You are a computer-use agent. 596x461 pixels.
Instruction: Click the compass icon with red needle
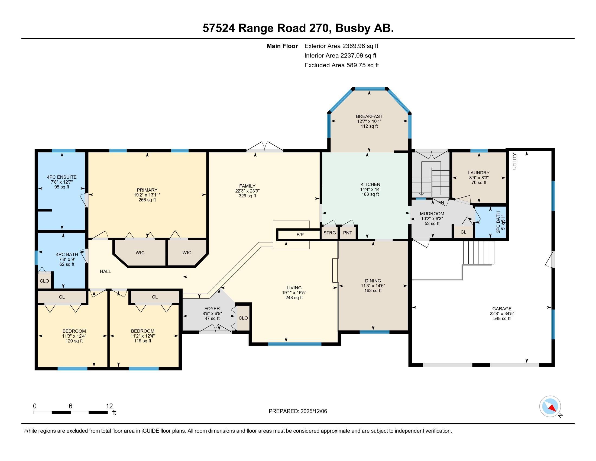550,406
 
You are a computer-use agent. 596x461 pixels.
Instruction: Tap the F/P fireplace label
300,234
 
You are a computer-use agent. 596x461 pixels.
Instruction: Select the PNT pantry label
347,233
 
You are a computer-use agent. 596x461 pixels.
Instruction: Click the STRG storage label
329,233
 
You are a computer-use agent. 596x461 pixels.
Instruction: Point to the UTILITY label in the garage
515,161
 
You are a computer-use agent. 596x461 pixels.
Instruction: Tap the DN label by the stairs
440,203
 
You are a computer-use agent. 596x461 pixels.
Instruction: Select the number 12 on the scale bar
109,406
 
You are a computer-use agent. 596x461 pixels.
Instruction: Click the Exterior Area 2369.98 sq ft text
341,46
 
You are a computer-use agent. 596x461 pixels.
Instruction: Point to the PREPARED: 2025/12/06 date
298,411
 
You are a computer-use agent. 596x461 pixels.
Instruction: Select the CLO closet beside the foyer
243,318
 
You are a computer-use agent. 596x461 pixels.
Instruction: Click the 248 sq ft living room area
294,297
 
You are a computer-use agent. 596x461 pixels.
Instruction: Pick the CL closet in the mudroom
463,232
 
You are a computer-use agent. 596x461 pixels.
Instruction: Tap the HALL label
105,271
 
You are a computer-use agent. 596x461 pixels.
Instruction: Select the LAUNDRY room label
478,172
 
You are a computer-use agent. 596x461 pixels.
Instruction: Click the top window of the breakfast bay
370,88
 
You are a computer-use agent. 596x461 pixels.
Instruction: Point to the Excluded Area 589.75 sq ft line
341,65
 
